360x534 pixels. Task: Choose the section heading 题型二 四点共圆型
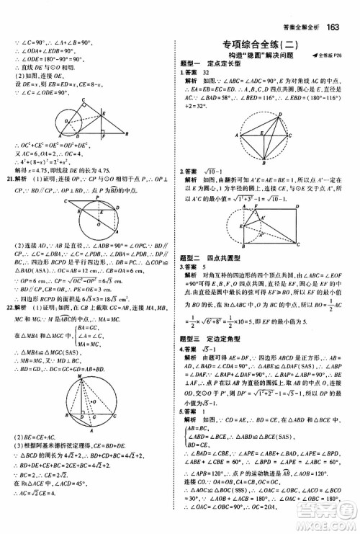[209, 257]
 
